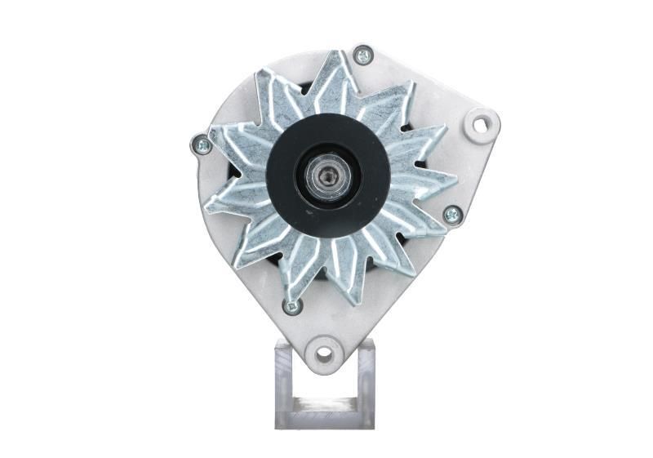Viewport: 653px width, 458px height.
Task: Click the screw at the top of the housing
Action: click(363, 56)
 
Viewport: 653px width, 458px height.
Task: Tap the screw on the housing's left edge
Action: click(200, 145)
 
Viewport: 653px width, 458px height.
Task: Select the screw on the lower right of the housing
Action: click(451, 214)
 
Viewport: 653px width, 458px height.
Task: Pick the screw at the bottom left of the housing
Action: click(291, 306)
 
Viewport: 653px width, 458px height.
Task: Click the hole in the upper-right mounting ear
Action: click(482, 124)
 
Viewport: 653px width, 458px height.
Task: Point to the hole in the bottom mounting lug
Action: click(324, 354)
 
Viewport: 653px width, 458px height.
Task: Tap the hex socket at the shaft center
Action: click(327, 177)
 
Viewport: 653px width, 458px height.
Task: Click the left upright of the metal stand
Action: click(283, 384)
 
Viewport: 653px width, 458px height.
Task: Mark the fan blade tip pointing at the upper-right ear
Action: click(442, 131)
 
